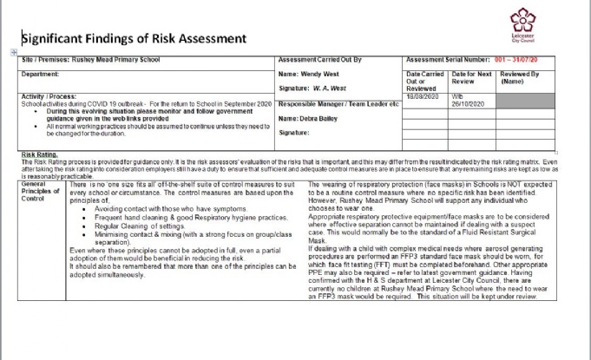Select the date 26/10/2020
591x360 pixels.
469,101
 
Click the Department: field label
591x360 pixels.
41,75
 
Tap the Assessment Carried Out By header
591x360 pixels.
319,59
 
